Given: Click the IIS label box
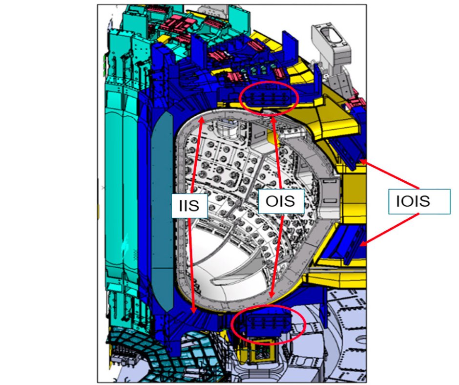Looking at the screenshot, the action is pyautogui.click(x=189, y=205).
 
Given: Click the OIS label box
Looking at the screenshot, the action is pyautogui.click(x=281, y=201).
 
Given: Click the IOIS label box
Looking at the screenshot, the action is pyautogui.click(x=419, y=202).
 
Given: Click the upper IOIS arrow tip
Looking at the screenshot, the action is pyautogui.click(x=360, y=160).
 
